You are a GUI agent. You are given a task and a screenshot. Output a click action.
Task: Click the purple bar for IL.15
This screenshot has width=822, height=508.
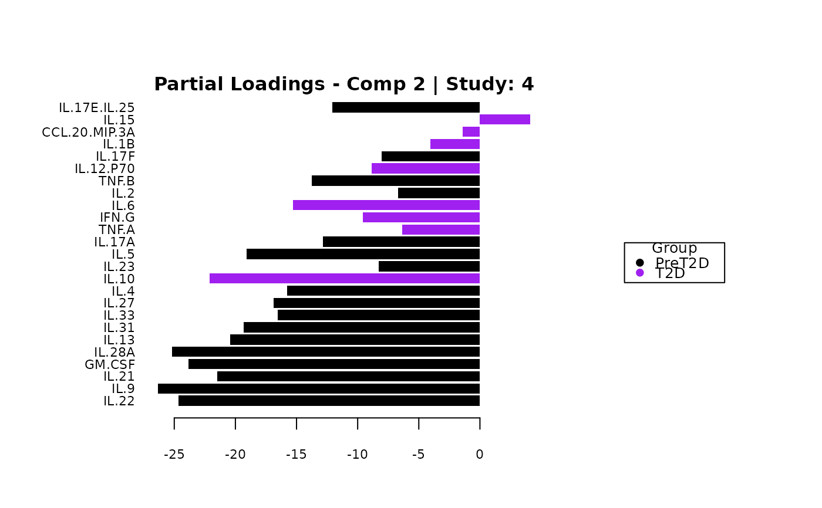[505, 120]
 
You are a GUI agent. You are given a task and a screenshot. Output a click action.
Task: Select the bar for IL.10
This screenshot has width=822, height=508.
[345, 279]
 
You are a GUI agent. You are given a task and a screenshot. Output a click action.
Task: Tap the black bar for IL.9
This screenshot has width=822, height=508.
[319, 388]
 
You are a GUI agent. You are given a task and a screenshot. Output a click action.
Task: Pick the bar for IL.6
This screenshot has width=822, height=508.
[386, 205]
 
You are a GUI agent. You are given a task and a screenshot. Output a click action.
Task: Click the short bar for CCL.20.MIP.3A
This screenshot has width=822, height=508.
[471, 132]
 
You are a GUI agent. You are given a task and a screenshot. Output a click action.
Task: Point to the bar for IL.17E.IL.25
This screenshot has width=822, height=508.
[406, 107]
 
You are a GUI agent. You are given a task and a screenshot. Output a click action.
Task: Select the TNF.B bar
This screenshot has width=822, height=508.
[396, 181]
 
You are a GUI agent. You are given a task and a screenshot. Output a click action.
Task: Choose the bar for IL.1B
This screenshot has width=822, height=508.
[455, 144]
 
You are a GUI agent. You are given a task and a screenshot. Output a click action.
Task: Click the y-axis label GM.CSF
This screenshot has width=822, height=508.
[110, 364]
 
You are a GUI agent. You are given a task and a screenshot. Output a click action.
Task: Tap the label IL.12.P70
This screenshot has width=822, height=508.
[105, 169]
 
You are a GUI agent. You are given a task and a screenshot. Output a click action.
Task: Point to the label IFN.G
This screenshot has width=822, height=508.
[117, 218]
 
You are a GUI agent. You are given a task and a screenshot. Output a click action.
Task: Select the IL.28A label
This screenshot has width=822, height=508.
[114, 352]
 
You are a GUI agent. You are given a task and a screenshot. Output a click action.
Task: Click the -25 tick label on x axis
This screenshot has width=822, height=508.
[174, 455]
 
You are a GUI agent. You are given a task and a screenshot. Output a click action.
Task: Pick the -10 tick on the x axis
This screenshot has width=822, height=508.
[358, 455]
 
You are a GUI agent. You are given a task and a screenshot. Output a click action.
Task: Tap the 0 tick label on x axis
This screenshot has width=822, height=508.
[480, 455]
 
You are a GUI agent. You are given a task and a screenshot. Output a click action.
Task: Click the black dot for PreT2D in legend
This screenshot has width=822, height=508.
[640, 263]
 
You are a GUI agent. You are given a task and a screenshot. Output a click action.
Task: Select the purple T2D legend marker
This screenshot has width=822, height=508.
[640, 273]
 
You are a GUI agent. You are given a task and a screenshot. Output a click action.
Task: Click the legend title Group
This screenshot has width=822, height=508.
[675, 249]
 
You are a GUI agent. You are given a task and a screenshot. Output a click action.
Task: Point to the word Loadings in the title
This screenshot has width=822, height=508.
[275, 84]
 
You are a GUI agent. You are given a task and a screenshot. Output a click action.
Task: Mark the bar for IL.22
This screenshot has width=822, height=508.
[329, 401]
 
